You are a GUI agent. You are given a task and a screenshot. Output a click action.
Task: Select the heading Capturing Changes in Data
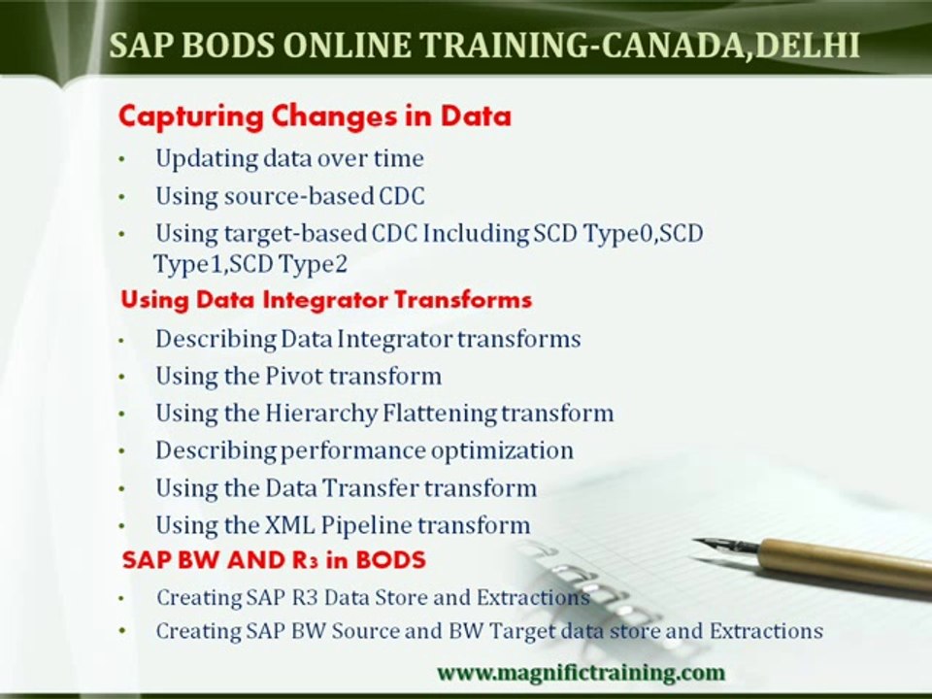click(x=315, y=116)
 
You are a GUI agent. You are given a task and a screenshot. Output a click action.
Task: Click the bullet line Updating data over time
click(x=289, y=157)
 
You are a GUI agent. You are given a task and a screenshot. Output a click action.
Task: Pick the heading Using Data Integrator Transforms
click(x=326, y=300)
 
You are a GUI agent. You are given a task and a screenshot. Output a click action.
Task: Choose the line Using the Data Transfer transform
click(x=346, y=487)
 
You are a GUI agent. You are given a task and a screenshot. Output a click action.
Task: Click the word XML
click(x=289, y=525)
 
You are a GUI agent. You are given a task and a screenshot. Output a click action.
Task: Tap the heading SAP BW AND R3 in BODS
click(x=274, y=560)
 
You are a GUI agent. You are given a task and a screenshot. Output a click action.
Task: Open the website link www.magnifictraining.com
click(x=581, y=672)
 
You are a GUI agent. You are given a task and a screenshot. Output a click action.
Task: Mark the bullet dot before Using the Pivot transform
click(x=121, y=377)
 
